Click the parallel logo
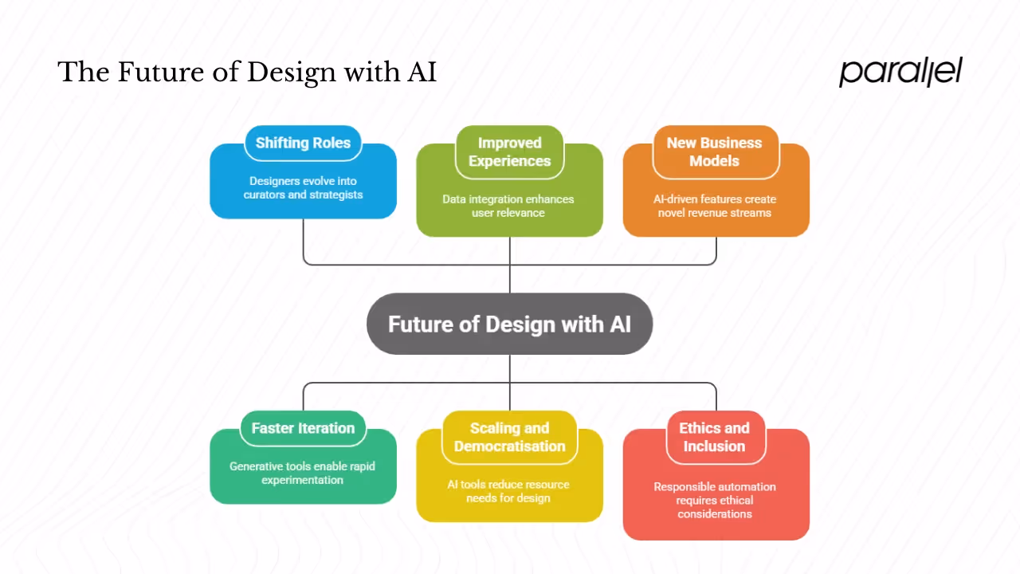click(x=900, y=72)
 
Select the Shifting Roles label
click(x=303, y=143)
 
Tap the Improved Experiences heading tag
click(x=509, y=152)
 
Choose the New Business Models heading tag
click(x=714, y=152)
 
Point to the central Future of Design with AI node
click(x=509, y=324)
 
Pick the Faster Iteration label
click(x=303, y=429)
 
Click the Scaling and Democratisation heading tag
click(x=509, y=438)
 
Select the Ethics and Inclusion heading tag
click(x=714, y=438)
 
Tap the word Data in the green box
click(x=455, y=199)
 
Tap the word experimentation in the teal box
click(x=303, y=480)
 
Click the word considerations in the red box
click(x=715, y=514)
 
